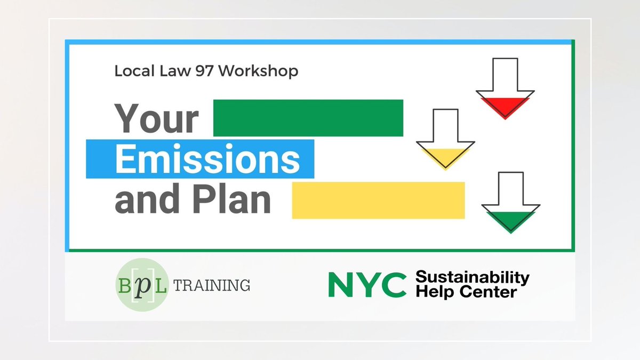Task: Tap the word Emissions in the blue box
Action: [x=207, y=158]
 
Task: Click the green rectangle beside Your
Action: [x=308, y=117]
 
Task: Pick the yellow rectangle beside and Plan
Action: [x=378, y=200]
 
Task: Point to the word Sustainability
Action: [x=472, y=277]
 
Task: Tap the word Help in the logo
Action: [x=431, y=292]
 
